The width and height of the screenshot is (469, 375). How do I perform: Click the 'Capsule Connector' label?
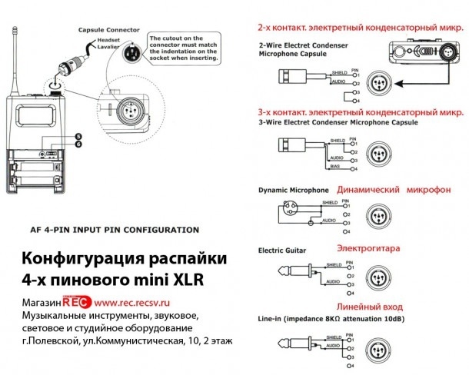pos(109,30)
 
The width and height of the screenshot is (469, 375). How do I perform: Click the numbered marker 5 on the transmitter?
pos(78,136)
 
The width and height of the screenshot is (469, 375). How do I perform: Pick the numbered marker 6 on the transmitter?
pos(78,144)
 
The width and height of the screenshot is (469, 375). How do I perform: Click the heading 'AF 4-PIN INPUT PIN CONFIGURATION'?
pos(114,230)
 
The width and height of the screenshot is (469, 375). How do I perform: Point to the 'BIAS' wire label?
pos(336,164)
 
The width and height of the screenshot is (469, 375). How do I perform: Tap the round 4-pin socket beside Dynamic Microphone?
pos(379,214)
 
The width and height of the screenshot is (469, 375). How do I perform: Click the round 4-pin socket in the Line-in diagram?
pos(379,345)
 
